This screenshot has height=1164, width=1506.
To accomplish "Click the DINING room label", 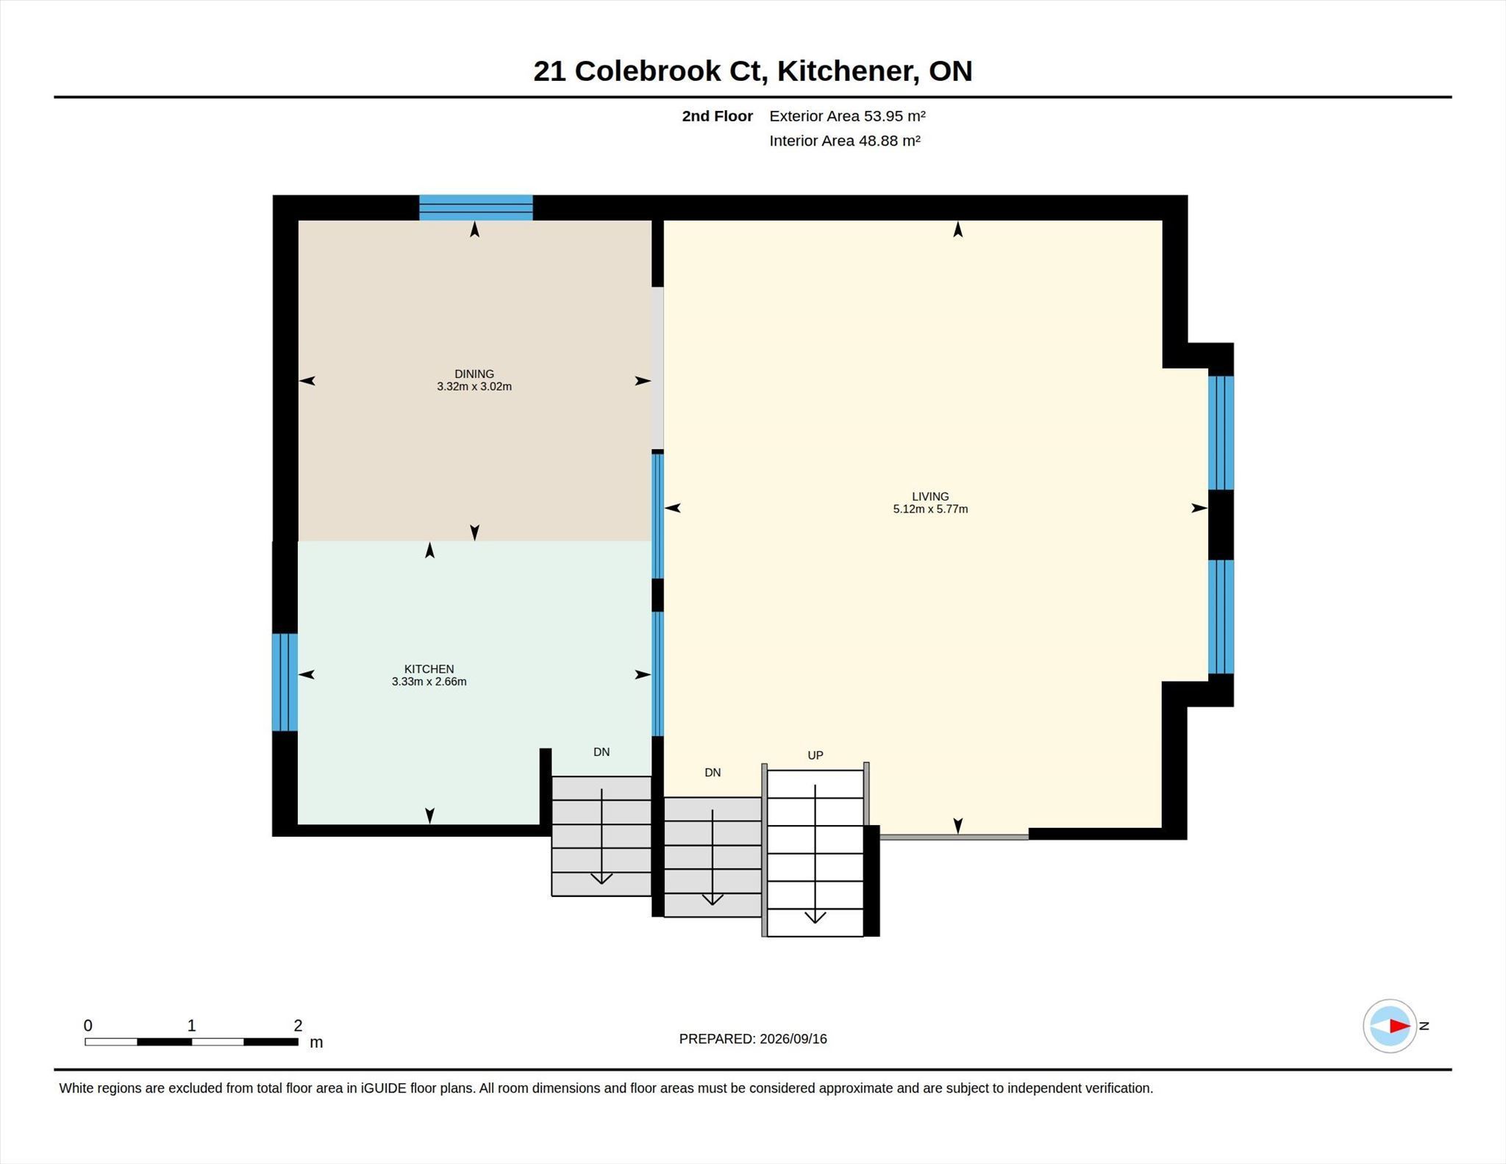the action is [x=474, y=374].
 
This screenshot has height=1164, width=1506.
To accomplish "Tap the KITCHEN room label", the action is [x=429, y=669].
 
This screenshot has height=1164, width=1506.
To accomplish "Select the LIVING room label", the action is [x=930, y=496].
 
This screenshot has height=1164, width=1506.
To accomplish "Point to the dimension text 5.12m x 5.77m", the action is [x=930, y=509].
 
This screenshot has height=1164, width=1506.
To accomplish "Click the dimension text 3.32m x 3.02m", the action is [x=474, y=386].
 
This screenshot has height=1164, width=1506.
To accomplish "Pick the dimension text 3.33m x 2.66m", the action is [x=429, y=682].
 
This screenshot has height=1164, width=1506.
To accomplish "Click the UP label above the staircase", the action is [x=816, y=755].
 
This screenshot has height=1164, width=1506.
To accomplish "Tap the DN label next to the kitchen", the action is [x=602, y=752].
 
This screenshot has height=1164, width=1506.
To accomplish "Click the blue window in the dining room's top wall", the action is [x=476, y=207].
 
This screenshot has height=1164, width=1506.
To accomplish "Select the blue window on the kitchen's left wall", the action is [x=285, y=682].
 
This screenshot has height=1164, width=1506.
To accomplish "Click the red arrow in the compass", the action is [x=1399, y=1026].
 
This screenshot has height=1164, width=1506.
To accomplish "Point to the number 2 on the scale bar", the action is [x=298, y=1025].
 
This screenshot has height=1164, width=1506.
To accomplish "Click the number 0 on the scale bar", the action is [x=88, y=1025].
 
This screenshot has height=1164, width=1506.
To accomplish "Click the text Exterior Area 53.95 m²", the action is [x=847, y=116].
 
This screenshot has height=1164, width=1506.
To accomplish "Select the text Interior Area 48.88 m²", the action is [x=845, y=140].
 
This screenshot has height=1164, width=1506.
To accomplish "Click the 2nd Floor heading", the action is [x=717, y=116].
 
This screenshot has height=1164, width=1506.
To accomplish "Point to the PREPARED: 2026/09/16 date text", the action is [x=753, y=1039].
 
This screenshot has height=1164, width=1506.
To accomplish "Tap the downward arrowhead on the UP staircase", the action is [x=815, y=917].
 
